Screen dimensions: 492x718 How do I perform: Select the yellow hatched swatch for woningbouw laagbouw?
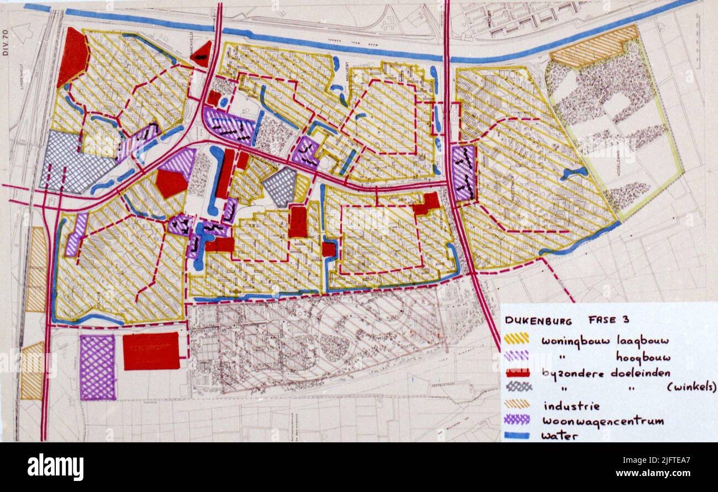point(516,338)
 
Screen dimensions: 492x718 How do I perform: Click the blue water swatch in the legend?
point(516,436)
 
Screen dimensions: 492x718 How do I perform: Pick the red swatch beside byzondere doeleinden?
point(516,372)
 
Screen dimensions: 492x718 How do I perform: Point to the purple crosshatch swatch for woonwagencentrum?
point(516,420)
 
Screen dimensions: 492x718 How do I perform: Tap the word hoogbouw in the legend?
point(643,357)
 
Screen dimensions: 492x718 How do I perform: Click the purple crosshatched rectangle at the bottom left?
point(98,367)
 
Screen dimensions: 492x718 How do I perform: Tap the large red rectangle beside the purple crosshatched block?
point(151,351)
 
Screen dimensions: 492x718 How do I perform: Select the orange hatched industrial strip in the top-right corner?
point(594,47)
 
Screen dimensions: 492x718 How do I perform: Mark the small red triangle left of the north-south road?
point(203,54)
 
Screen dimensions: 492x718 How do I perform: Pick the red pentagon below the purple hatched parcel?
point(171,183)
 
